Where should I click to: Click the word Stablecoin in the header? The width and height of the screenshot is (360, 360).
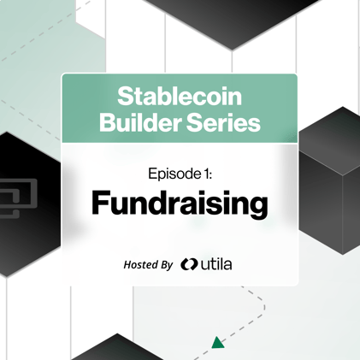coord(180,96)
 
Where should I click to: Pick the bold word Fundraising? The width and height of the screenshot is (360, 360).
coord(180,204)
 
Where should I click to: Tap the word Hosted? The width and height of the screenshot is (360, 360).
coord(139,265)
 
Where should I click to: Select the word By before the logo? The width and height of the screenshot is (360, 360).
coord(166,265)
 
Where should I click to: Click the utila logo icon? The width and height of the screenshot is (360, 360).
coord(189,265)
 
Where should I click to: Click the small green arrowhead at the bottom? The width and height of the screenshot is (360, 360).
coord(219,343)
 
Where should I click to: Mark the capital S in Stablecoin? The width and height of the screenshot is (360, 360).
coord(123,96)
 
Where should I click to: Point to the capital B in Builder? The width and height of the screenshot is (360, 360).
coord(107,122)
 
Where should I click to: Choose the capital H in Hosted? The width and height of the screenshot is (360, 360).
coord(127,265)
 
